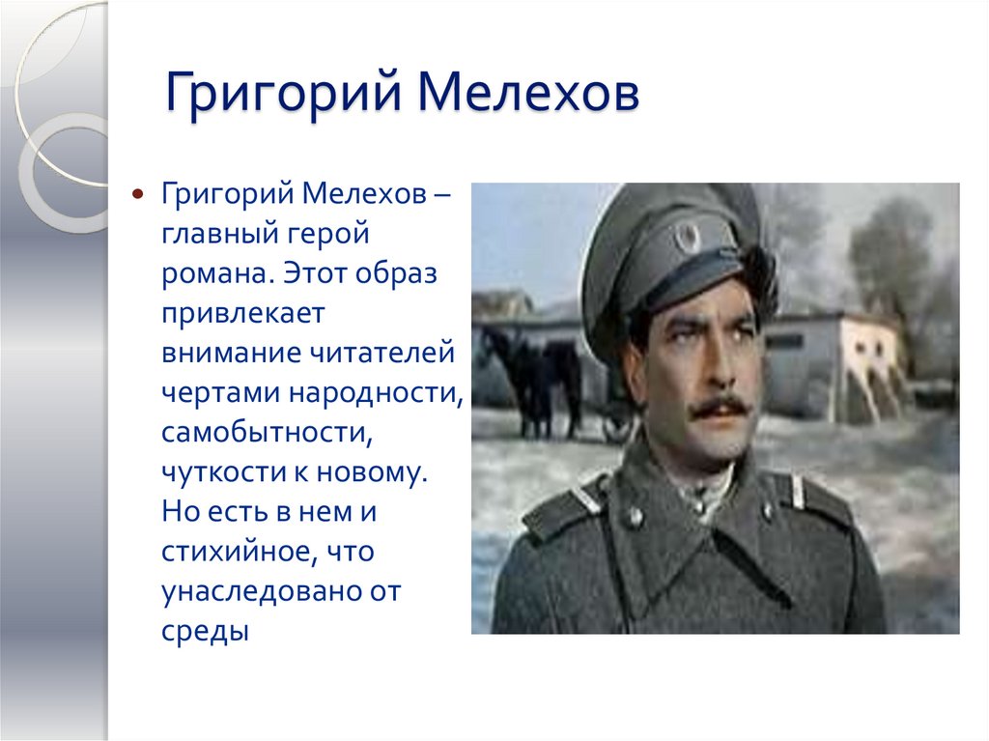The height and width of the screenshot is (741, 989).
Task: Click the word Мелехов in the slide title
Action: (528, 100)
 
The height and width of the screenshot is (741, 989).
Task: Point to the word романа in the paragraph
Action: (217, 273)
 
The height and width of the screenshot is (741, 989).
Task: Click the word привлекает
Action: (245, 314)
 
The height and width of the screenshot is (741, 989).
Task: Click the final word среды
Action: (205, 633)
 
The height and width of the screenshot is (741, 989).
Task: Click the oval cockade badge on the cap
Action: (689, 235)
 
